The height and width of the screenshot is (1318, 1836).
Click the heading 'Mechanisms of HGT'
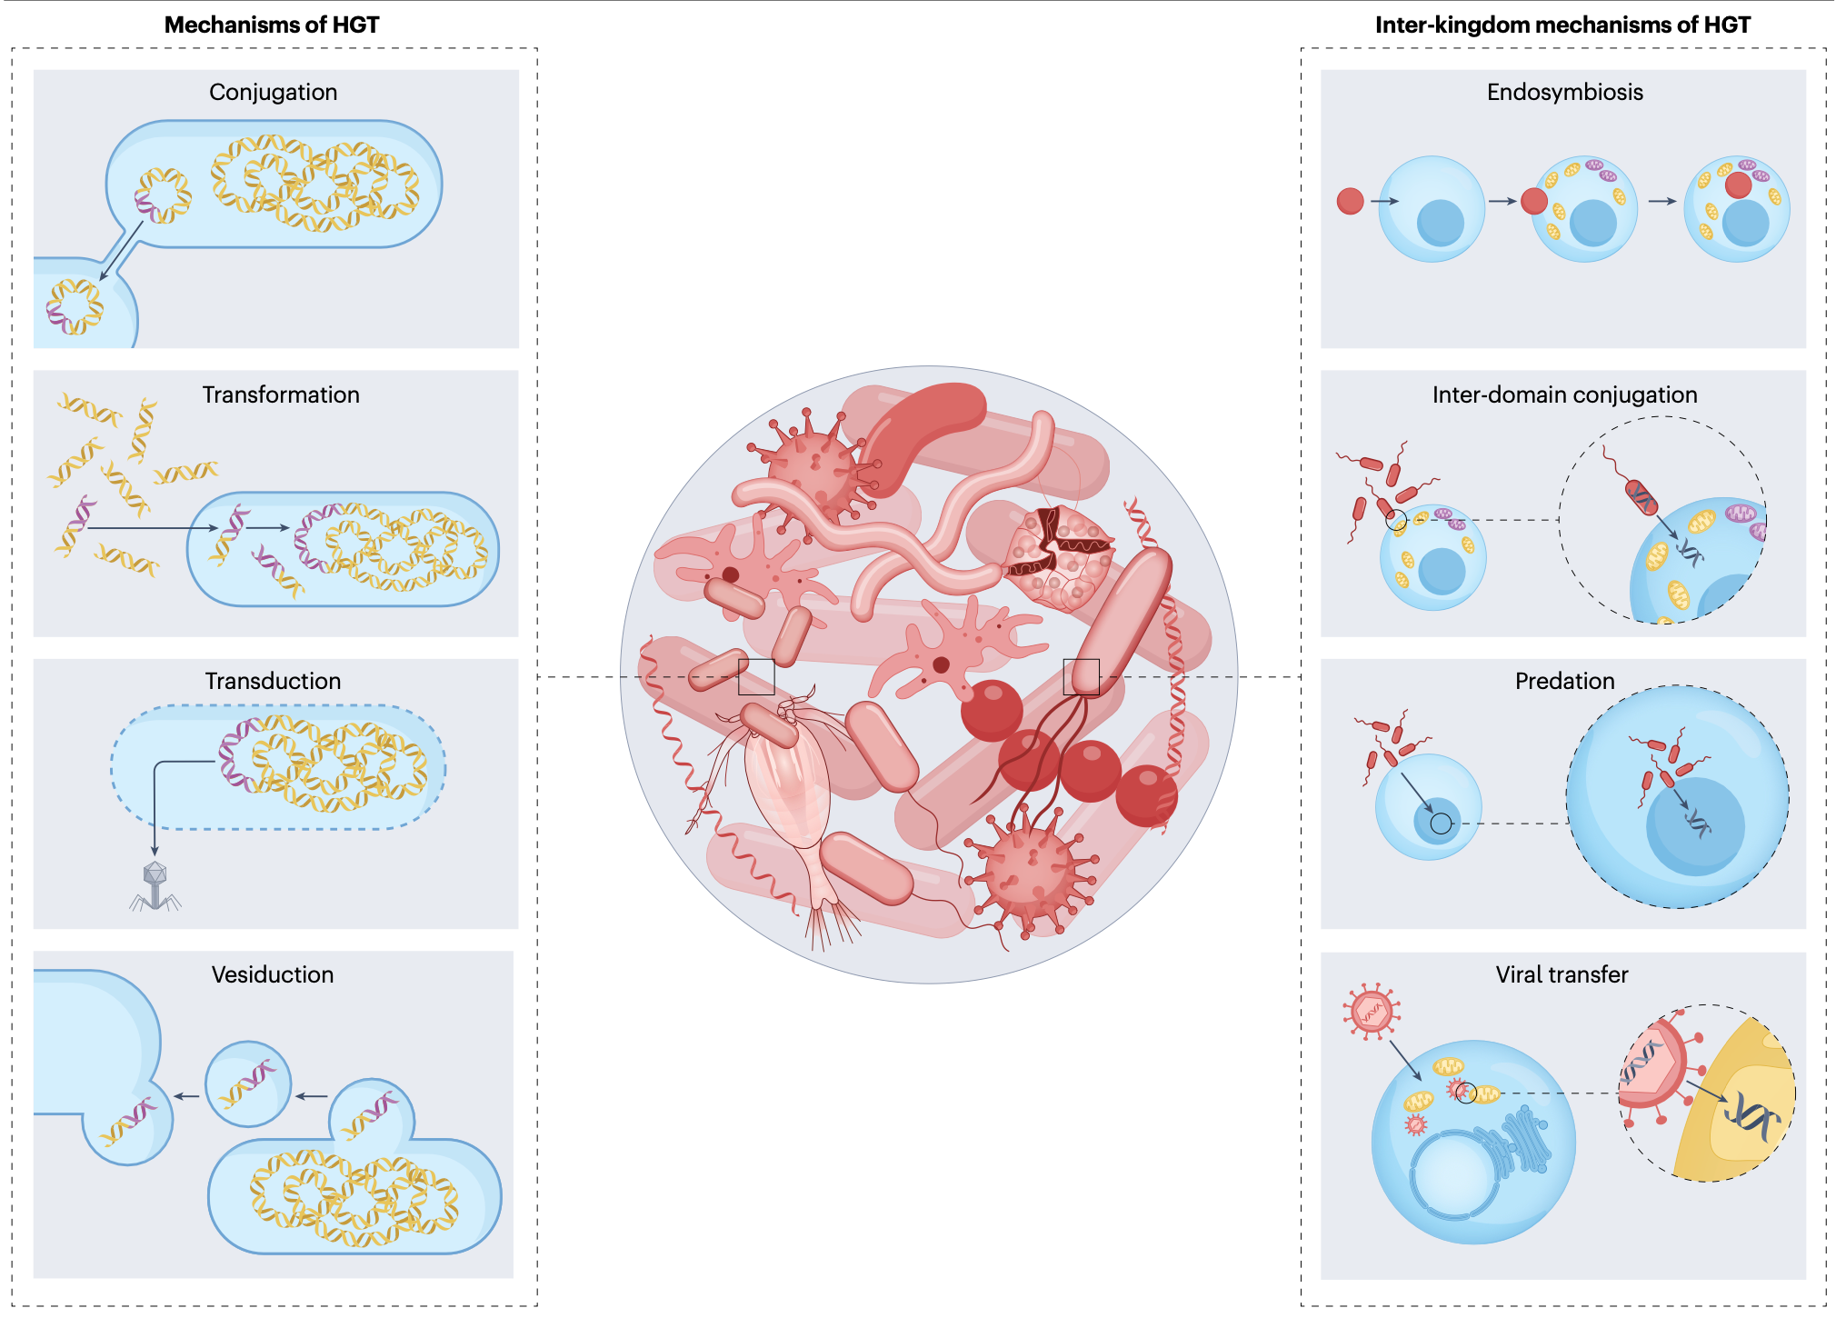tap(272, 25)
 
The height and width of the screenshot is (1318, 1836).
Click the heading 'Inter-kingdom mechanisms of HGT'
tap(1562, 25)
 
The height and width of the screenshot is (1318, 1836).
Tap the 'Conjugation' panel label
tap(273, 92)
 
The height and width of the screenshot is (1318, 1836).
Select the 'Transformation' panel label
tap(281, 394)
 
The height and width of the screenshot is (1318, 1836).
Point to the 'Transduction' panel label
tap(273, 681)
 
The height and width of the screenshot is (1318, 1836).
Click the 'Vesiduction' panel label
tap(273, 974)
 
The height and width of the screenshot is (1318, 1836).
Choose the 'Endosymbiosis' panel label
tap(1564, 92)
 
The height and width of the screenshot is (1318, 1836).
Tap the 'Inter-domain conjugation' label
tap(1564, 394)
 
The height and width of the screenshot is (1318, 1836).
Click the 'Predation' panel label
tap(1564, 681)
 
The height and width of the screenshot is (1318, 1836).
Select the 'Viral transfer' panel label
tap(1562, 974)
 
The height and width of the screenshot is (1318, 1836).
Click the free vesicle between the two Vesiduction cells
tap(248, 1083)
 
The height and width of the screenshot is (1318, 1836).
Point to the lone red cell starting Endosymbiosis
tap(1350, 201)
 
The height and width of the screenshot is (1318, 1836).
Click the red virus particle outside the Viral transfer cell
tap(1372, 1010)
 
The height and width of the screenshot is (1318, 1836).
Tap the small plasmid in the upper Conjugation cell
tap(164, 195)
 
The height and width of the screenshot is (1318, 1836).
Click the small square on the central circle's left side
tap(756, 677)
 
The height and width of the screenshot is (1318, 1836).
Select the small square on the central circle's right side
tap(1082, 677)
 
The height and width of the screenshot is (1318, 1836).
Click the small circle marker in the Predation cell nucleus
tap(1441, 824)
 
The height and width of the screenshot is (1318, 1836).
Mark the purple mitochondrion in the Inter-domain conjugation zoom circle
tap(1741, 514)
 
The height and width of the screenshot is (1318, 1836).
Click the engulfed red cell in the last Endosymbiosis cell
tap(1738, 185)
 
